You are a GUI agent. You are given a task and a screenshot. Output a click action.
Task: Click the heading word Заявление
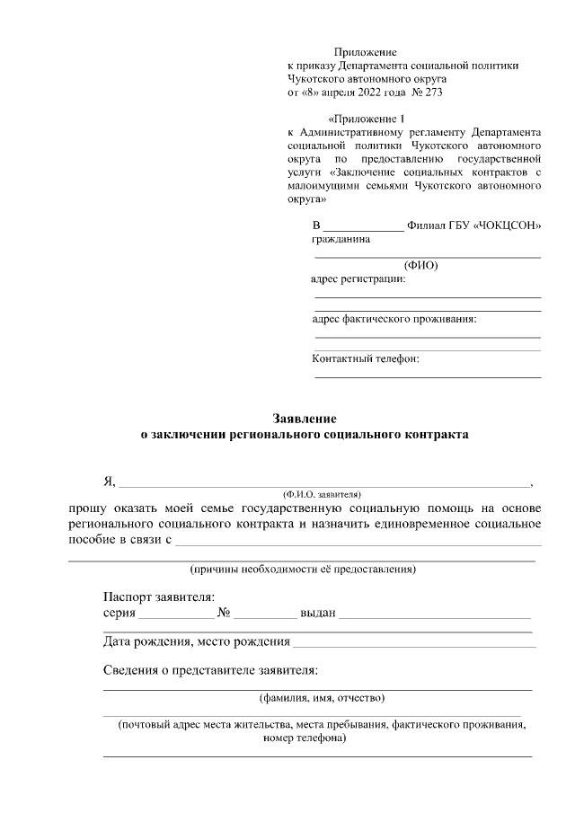pyautogui.click(x=305, y=418)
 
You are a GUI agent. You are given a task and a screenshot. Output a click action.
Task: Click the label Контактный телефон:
pyautogui.click(x=366, y=359)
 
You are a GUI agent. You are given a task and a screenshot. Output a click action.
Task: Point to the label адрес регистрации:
pyautogui.click(x=358, y=278)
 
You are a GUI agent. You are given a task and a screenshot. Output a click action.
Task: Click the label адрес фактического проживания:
pyautogui.click(x=394, y=319)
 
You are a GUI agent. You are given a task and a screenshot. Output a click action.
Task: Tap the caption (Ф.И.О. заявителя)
pyautogui.click(x=321, y=494)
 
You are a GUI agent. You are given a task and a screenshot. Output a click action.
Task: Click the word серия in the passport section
pyautogui.click(x=119, y=614)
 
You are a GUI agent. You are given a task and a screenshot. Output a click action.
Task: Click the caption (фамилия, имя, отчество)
pyautogui.click(x=322, y=697)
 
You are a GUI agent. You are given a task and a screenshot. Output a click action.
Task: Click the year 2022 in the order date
pyautogui.click(x=364, y=92)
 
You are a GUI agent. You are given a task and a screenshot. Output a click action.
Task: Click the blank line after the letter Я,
pyautogui.click(x=324, y=482)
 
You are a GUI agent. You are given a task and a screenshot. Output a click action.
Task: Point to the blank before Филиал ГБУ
pyautogui.click(x=363, y=228)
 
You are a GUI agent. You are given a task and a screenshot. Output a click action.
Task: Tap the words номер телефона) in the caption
pyautogui.click(x=305, y=738)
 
